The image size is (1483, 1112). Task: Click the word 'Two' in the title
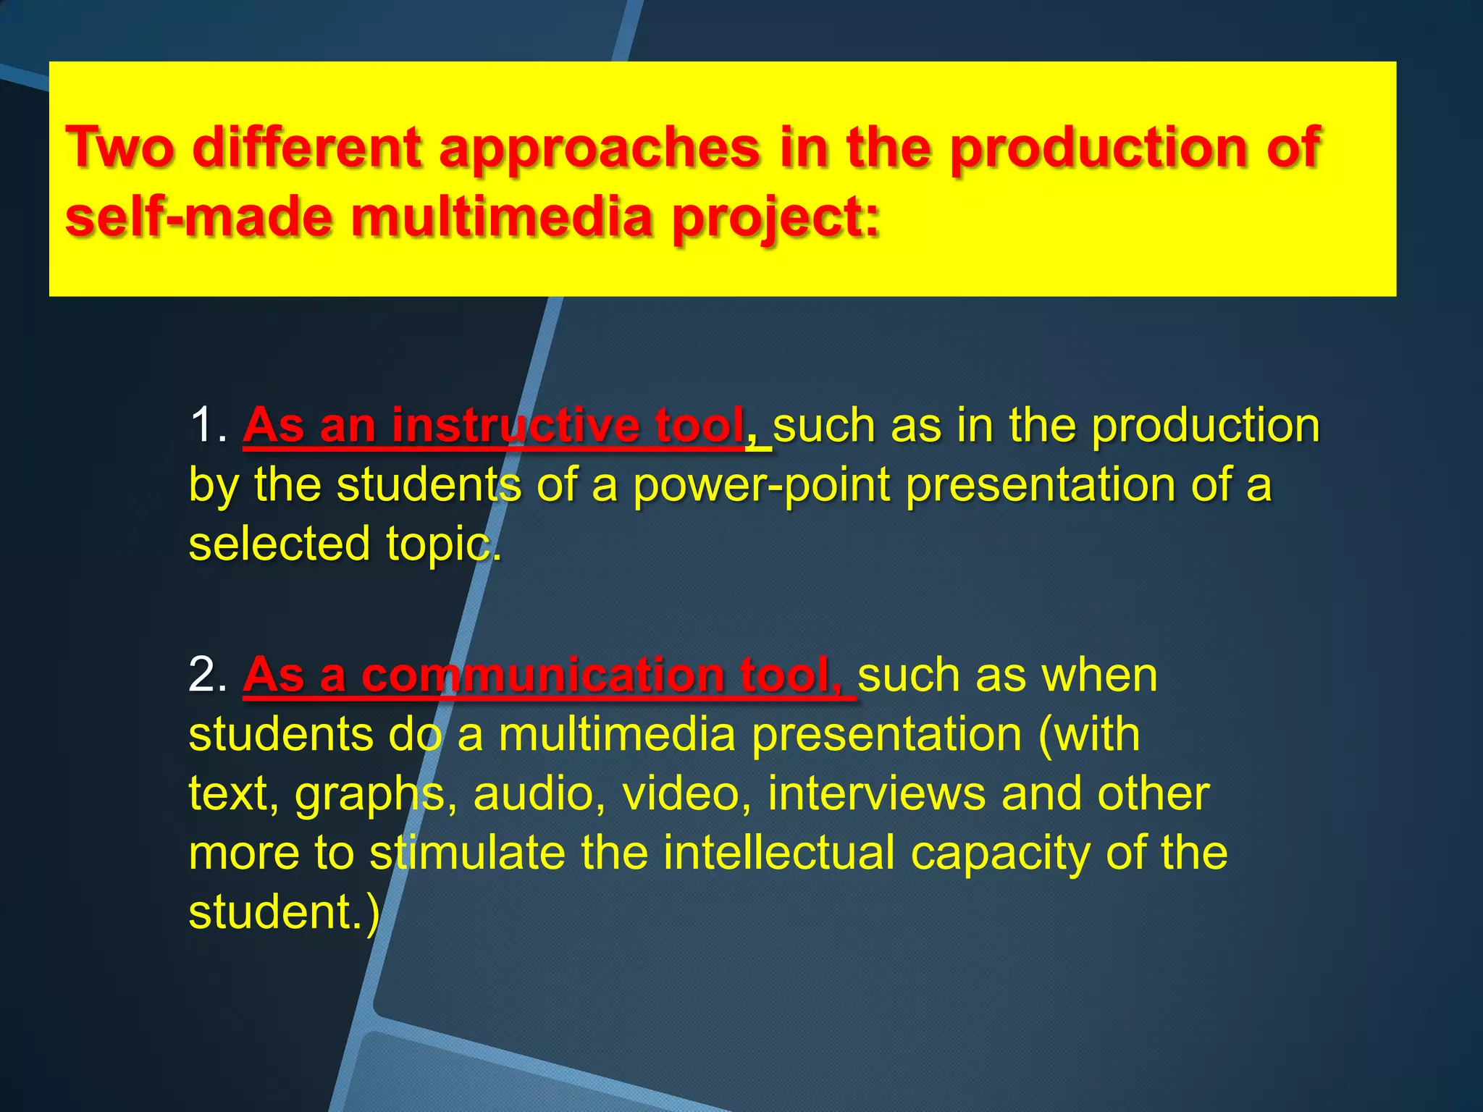pyautogui.click(x=120, y=148)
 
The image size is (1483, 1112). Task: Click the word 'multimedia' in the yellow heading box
pyautogui.click(x=502, y=218)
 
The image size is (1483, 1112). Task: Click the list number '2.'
pyautogui.click(x=208, y=675)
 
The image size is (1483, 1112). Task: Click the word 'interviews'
pyautogui.click(x=876, y=793)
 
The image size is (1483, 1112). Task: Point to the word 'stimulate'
pyautogui.click(x=467, y=854)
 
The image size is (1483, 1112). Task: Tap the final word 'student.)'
pyautogui.click(x=284, y=913)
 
